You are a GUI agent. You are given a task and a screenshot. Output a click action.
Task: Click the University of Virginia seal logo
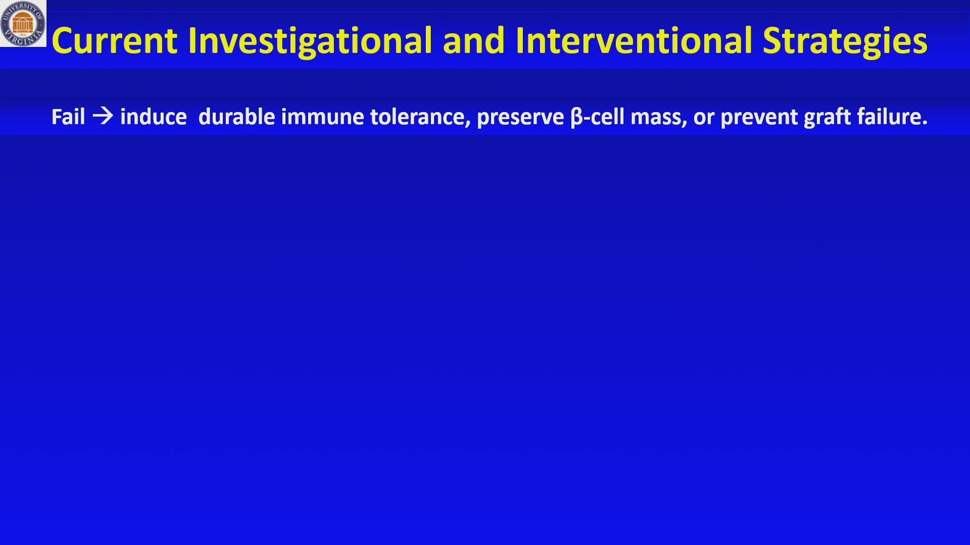click(x=23, y=23)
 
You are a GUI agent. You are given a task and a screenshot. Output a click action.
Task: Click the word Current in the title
click(x=115, y=40)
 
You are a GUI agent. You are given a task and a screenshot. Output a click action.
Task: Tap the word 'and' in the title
click(x=474, y=40)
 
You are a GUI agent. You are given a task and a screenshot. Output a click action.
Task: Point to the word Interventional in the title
click(x=634, y=40)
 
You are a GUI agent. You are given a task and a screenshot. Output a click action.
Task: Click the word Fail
click(x=68, y=117)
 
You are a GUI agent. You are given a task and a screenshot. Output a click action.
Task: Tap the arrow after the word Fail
click(x=103, y=117)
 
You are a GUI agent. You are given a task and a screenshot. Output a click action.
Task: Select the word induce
click(x=154, y=117)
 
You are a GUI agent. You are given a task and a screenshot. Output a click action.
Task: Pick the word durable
click(x=237, y=117)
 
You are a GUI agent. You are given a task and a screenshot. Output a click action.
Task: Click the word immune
click(x=323, y=117)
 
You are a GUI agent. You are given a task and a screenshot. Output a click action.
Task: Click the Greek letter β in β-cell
click(x=576, y=118)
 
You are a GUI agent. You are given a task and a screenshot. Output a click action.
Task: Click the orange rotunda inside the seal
click(x=23, y=22)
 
